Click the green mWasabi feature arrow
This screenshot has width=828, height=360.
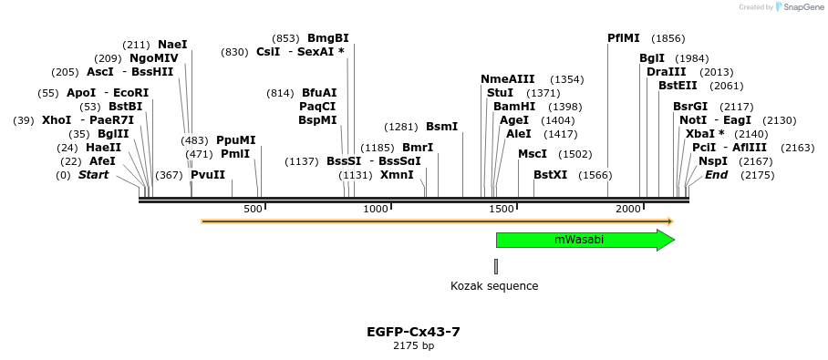(x=584, y=240)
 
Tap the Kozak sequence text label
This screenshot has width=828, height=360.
(x=494, y=286)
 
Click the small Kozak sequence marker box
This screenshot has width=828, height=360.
(x=496, y=266)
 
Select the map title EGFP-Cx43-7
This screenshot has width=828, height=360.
(x=413, y=332)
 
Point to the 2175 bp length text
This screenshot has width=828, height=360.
(x=413, y=346)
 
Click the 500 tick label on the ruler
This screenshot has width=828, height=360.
(x=253, y=210)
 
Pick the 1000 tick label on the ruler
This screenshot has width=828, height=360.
(x=376, y=210)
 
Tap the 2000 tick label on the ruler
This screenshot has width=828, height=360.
(x=628, y=210)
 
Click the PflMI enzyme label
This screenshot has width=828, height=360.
(x=624, y=38)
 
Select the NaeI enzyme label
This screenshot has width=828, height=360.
(x=172, y=44)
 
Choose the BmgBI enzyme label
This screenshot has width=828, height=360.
(x=328, y=38)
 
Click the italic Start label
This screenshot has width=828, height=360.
(x=93, y=175)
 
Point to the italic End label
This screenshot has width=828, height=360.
(x=716, y=175)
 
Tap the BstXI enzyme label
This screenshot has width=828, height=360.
(x=550, y=175)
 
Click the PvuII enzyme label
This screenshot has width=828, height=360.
(x=208, y=175)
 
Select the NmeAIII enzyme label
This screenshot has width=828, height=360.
(x=508, y=79)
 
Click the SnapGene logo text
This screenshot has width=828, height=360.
(x=801, y=7)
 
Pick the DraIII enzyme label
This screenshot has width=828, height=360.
(x=666, y=72)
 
